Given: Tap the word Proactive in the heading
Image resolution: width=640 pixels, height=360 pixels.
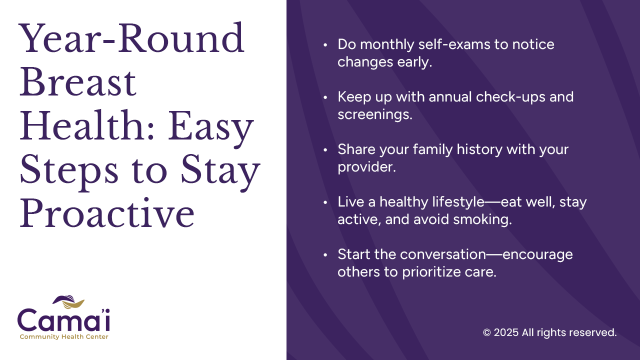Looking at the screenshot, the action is tap(107, 213).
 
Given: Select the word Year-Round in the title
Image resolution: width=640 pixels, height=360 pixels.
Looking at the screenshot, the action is tap(131, 37).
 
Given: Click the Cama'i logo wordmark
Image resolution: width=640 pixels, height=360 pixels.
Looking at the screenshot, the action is tap(63, 319).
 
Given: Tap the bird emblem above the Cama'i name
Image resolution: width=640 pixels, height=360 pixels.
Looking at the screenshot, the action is tap(68, 301).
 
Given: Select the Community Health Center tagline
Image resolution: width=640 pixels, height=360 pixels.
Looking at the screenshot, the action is tap(64, 337).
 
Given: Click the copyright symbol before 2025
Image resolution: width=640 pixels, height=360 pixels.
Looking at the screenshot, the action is tap(487, 332).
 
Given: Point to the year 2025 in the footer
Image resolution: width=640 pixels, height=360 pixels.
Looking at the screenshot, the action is tap(506, 332).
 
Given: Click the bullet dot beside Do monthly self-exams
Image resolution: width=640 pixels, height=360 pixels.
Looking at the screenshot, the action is tap(325, 45).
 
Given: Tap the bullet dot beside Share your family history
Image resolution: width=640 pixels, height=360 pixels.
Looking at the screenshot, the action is tap(325, 150).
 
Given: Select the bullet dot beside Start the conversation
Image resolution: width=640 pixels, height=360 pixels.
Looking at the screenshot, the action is tap(325, 255).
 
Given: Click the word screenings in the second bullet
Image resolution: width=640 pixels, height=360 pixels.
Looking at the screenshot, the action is tap(375, 115).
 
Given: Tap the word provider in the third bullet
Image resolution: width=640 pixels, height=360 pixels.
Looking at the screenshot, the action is tap(366, 167).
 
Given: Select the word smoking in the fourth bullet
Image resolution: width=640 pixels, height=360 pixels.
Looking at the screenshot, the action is tap(482, 219).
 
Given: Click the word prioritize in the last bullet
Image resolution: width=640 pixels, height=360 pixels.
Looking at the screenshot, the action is tap(431, 272).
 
